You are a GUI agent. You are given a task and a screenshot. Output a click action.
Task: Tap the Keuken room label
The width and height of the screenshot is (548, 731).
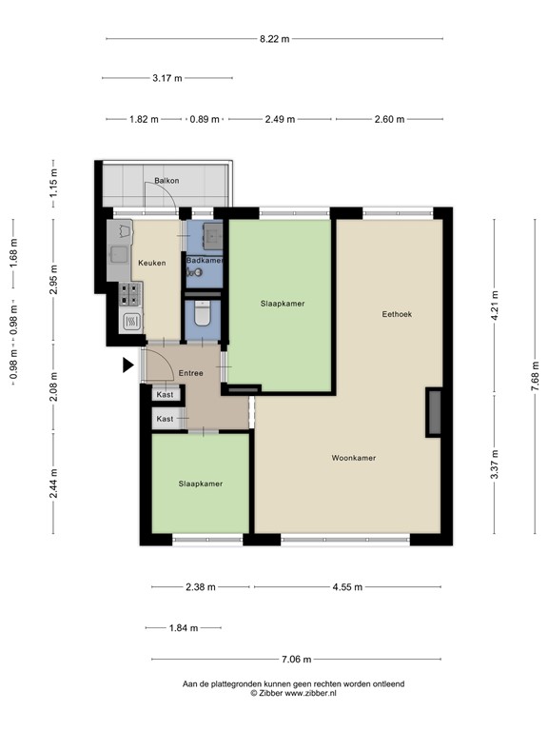(x=152, y=263)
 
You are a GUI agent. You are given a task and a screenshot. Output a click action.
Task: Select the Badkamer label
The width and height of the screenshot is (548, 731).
(x=205, y=261)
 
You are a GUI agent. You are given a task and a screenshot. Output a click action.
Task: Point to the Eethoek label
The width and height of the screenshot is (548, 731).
(x=397, y=313)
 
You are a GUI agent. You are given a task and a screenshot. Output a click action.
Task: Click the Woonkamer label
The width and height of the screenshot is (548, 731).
(x=353, y=458)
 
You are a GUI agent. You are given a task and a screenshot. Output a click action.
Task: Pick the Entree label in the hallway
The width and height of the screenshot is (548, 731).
(x=191, y=373)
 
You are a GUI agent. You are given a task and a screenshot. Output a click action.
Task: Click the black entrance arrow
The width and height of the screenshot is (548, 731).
(x=128, y=364)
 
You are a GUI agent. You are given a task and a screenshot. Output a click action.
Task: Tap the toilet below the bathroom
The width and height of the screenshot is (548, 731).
(x=202, y=315)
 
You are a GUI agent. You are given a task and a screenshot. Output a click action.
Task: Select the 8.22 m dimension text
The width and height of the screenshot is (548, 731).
(x=273, y=39)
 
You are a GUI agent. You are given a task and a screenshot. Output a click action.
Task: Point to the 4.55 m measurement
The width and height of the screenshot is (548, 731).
(x=346, y=587)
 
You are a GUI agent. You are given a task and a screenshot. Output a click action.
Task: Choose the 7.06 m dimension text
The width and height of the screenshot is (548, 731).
(x=295, y=659)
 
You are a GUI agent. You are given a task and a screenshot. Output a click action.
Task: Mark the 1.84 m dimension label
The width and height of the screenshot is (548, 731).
(x=183, y=628)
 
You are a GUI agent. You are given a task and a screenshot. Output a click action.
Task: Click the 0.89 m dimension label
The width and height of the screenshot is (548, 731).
(x=205, y=120)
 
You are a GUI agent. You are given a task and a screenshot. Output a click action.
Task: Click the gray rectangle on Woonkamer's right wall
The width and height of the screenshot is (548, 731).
(x=434, y=412)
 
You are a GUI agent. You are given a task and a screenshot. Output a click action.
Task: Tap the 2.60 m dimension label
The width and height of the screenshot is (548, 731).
(x=388, y=120)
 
